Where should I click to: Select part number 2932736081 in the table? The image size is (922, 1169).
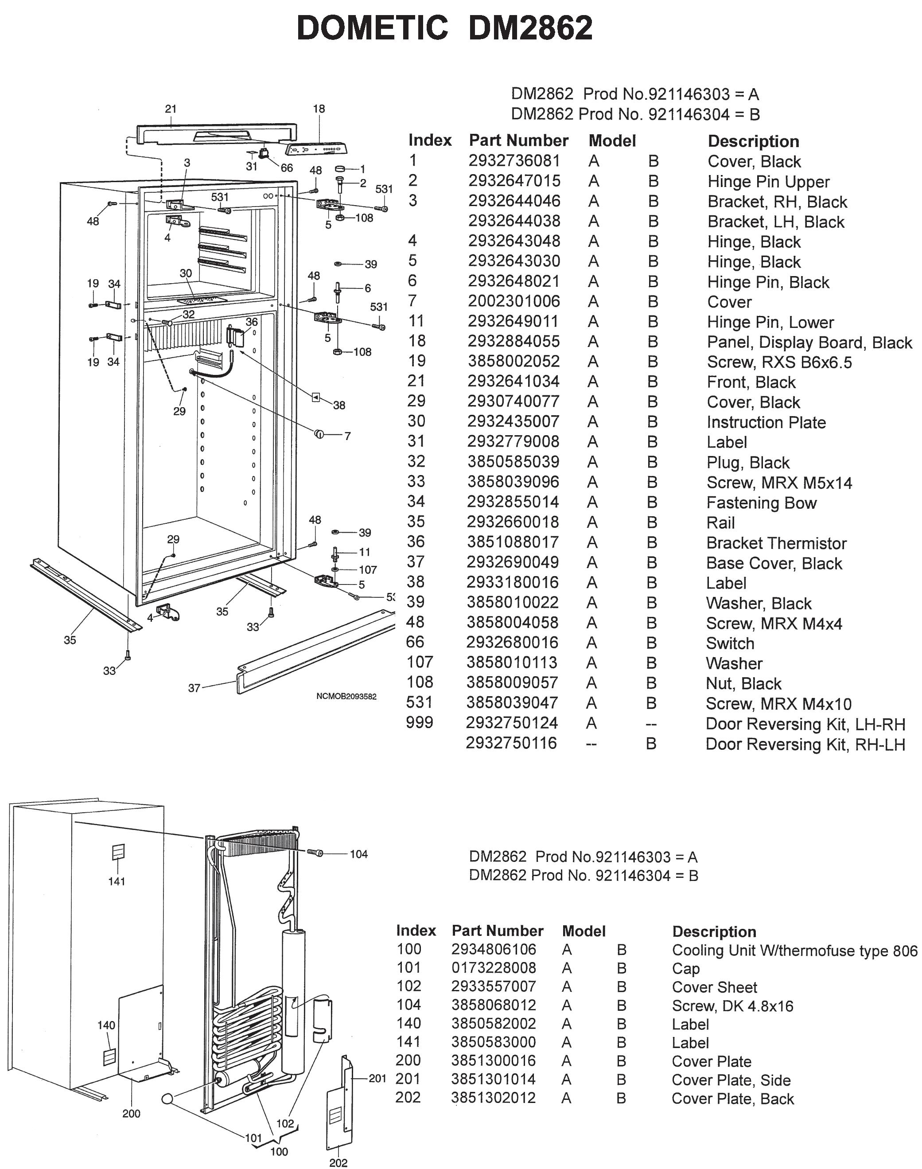click(514, 161)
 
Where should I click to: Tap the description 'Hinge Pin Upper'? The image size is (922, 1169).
click(768, 181)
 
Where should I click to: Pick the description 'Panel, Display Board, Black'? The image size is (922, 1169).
click(809, 343)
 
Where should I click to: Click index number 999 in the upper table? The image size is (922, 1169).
click(420, 722)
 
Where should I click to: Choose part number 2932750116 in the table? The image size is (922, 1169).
click(511, 743)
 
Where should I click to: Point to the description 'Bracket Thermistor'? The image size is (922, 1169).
click(776, 543)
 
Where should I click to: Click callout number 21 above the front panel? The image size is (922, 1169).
click(171, 109)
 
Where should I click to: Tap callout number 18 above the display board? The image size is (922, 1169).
click(319, 109)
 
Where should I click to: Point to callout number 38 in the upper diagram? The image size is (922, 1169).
click(339, 405)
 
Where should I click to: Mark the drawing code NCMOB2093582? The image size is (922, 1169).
click(346, 697)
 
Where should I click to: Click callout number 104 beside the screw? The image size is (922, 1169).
click(358, 853)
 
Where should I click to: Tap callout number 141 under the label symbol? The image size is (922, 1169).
click(117, 881)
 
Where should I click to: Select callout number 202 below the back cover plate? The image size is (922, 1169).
click(338, 1162)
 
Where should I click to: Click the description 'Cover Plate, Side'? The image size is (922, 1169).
click(731, 1080)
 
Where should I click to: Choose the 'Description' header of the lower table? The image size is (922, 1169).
click(714, 931)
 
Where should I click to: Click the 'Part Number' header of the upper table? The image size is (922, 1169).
click(518, 140)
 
